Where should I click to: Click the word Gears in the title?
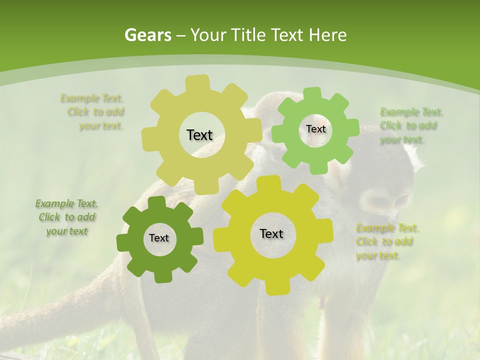click(x=147, y=35)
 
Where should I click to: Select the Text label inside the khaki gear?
click(x=199, y=135)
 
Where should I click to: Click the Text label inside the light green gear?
click(x=315, y=129)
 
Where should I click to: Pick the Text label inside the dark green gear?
click(x=159, y=238)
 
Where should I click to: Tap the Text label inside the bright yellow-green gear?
click(x=271, y=233)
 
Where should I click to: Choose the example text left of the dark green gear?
click(x=66, y=217)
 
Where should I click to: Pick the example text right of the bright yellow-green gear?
click(x=386, y=241)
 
